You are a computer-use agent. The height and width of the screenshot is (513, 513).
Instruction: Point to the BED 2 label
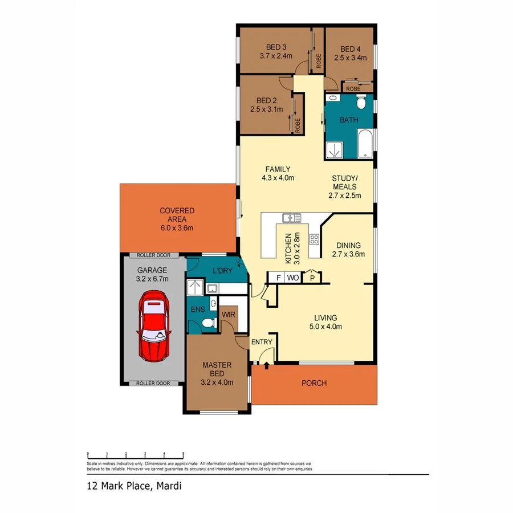(266, 100)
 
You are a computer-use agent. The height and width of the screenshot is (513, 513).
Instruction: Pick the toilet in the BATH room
(360, 103)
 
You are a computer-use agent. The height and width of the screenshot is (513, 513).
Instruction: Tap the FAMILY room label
(278, 169)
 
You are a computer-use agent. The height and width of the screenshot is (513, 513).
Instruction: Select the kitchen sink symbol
(292, 217)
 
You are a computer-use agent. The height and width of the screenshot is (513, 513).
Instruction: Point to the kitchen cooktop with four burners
(313, 239)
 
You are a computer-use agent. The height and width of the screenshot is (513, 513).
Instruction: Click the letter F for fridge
(278, 278)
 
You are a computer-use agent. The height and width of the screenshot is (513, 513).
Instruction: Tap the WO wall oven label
(294, 278)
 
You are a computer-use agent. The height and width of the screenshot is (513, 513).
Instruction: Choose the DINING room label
(348, 246)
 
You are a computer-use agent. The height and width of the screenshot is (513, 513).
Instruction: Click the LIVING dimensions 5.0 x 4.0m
(325, 327)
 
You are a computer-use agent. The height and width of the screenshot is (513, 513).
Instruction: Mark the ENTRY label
(262, 343)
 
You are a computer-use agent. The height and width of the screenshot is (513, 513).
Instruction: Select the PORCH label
(314, 383)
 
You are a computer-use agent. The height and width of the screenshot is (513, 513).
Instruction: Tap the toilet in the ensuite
(209, 323)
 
